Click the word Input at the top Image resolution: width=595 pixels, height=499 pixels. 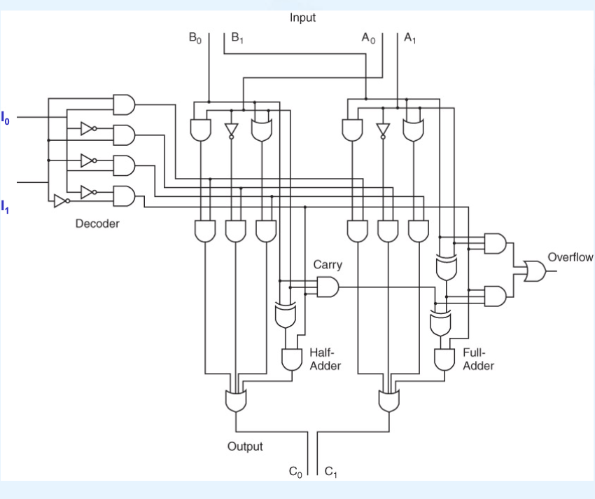[302, 18]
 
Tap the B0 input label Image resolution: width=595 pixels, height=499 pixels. [195, 39]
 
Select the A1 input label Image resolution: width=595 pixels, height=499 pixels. [409, 39]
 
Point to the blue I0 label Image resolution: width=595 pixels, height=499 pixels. [6, 116]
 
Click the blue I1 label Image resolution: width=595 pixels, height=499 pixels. [6, 206]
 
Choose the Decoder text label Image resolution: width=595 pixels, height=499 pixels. [97, 224]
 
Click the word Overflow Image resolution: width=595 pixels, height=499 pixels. [570, 257]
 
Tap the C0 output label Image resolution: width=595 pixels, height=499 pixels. [297, 472]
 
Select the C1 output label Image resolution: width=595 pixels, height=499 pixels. [331, 472]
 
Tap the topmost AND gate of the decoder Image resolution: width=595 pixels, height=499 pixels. [124, 104]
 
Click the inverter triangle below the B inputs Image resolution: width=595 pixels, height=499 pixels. [232, 130]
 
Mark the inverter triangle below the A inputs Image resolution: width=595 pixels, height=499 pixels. [382, 130]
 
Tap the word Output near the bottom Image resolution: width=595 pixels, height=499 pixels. [245, 446]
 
